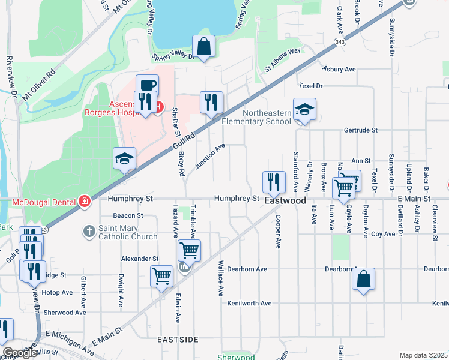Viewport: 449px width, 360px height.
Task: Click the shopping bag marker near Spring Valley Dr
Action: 204,46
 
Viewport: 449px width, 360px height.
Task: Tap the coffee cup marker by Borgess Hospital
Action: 147,85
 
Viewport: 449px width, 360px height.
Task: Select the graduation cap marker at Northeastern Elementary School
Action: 304,109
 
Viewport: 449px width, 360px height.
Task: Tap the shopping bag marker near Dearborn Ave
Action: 363,279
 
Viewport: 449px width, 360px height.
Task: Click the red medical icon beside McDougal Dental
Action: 85,200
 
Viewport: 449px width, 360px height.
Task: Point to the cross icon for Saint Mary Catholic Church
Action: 89,230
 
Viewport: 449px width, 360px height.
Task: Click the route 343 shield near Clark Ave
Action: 340,42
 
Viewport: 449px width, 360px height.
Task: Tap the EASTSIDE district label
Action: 178,340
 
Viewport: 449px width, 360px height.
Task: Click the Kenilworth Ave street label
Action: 249,304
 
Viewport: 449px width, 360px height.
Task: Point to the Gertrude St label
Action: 360,130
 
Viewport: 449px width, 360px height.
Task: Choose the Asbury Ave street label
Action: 339,70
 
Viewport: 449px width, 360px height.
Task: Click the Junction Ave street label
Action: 209,155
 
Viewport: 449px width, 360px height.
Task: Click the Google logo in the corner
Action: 19,353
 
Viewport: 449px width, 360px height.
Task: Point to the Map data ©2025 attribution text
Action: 423,355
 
